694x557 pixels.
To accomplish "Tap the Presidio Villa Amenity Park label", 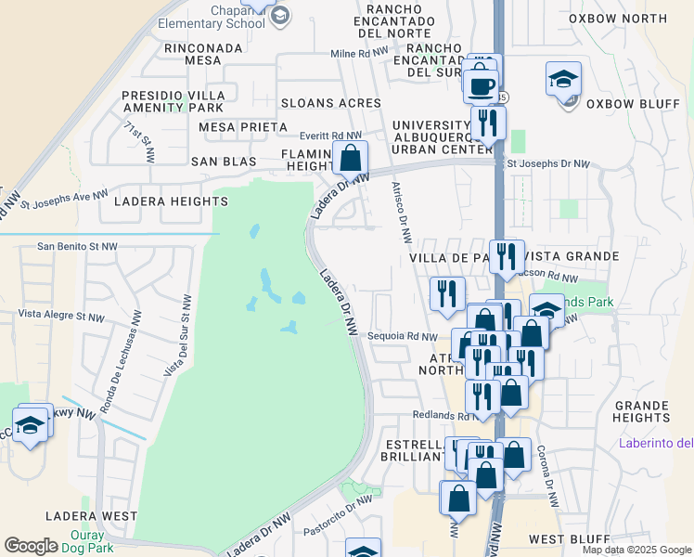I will pyautogui.click(x=173, y=102).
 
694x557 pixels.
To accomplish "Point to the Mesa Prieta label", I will pyautogui.click(x=234, y=127).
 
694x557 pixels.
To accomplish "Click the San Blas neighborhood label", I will pyautogui.click(x=223, y=162).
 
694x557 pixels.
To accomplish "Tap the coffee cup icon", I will pyautogui.click(x=481, y=86).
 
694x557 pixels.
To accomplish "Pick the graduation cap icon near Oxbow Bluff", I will pyautogui.click(x=563, y=81).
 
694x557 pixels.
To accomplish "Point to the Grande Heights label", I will pyautogui.click(x=641, y=411).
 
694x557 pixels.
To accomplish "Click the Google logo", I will pyautogui.click(x=31, y=546).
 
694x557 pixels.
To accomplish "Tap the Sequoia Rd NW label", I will pyautogui.click(x=402, y=336).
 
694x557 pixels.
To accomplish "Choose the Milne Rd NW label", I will pyautogui.click(x=359, y=54).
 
